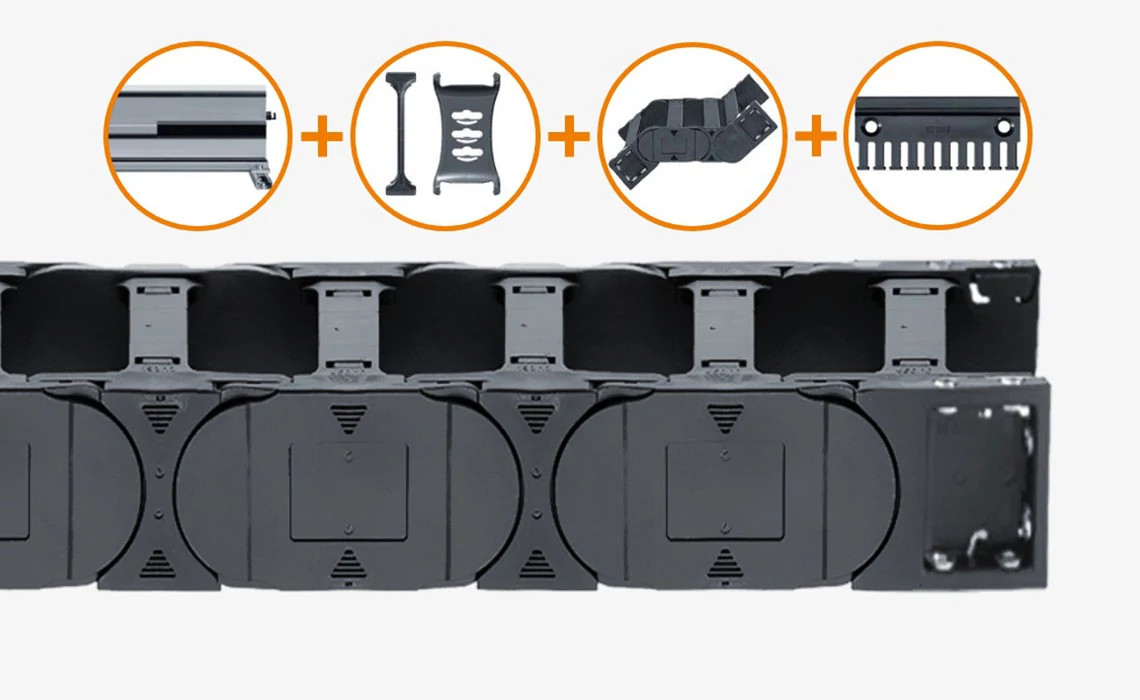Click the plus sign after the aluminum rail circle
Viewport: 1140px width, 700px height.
coord(321,136)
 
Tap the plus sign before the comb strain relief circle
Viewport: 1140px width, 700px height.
coord(816,136)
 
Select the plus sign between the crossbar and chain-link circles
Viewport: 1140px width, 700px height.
coord(568,136)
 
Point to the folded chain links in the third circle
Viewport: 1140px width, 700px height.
coord(696,134)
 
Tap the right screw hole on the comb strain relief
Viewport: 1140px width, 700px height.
coord(1005,126)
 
